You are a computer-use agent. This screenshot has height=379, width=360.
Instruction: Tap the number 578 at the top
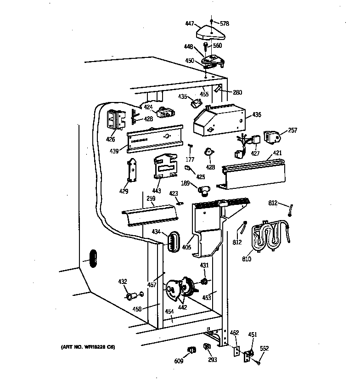tap(224, 23)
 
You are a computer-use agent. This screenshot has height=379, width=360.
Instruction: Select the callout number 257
tap(292, 130)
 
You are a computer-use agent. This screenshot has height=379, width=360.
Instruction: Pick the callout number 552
tap(264, 349)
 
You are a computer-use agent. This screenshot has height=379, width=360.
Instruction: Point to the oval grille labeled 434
tap(172, 241)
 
